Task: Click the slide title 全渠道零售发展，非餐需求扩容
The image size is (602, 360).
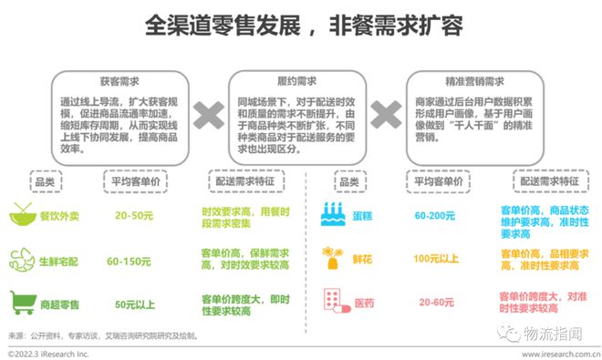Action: point(301,21)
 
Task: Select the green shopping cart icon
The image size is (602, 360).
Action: point(20,300)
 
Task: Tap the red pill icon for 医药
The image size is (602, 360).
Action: point(336,301)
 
